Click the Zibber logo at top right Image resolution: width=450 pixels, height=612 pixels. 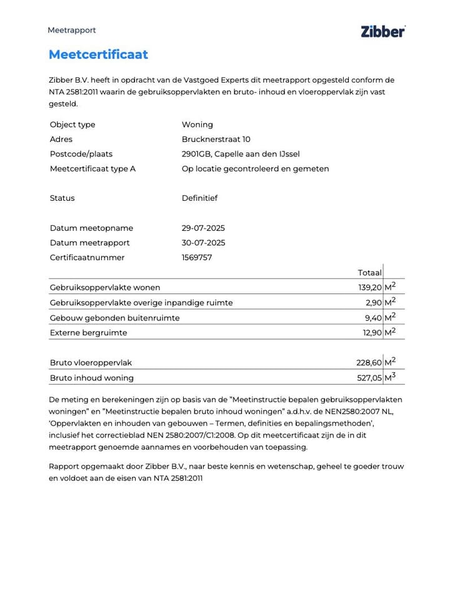[382, 31]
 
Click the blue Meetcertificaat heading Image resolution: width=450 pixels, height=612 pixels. [98, 54]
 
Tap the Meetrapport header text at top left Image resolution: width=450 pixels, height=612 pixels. [72, 30]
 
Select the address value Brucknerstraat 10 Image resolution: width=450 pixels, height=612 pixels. [216, 139]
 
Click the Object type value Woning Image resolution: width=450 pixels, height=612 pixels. [197, 125]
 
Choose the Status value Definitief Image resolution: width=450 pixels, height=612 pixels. [199, 198]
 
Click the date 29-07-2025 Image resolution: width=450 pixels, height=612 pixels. [203, 228]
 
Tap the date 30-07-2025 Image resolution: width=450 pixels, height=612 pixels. [203, 243]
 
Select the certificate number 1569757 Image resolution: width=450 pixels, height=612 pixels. [197, 257]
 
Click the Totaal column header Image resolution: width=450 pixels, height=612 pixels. [369, 273]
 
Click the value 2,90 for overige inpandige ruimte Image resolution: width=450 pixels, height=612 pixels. [372, 303]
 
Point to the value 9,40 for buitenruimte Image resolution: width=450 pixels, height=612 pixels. [372, 318]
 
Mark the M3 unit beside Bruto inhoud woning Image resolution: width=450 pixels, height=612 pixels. [390, 377]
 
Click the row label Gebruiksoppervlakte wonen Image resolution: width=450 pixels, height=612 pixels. [105, 288]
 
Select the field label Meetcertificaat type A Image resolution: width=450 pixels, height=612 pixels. [92, 169]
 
